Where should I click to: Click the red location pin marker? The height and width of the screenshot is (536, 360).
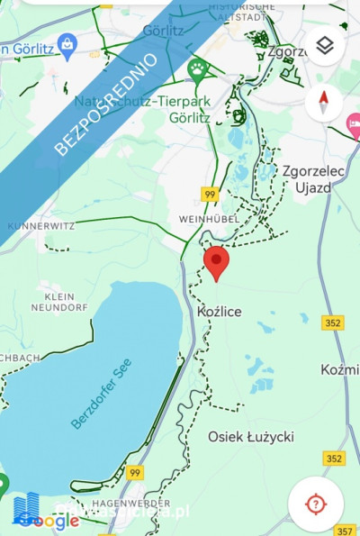216,262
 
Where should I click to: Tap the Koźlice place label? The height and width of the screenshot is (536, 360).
219,311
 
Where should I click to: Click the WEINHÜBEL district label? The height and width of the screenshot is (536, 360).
207,219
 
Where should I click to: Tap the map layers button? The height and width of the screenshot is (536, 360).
325,45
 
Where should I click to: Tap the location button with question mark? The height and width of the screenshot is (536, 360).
315,504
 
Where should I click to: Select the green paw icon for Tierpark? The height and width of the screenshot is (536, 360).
197,68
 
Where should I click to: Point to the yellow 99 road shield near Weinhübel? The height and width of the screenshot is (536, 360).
210,194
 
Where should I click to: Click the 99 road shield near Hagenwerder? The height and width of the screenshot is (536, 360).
135,473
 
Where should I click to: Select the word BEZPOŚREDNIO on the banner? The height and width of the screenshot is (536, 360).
106,104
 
